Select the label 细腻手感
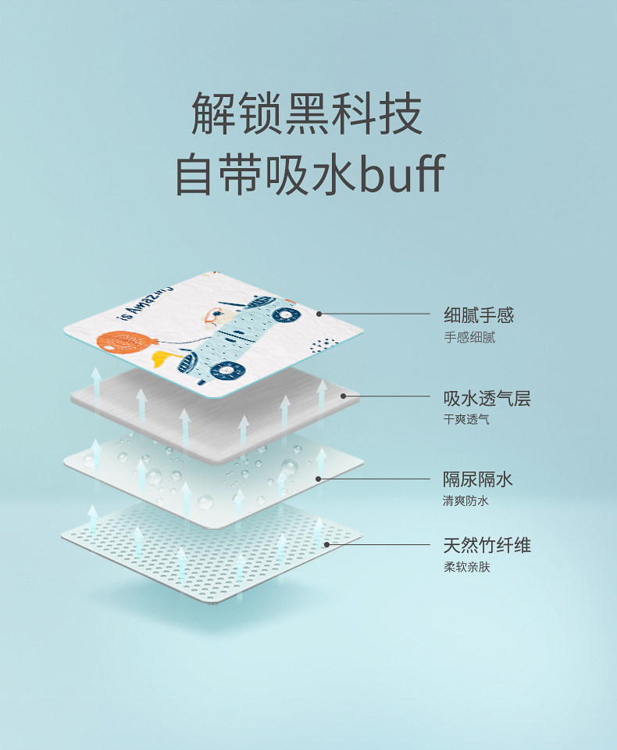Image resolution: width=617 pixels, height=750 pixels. (479, 316)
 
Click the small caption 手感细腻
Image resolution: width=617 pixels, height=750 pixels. (469, 338)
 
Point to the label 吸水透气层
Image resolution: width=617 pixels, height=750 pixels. (487, 398)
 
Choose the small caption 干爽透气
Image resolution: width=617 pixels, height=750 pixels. (467, 420)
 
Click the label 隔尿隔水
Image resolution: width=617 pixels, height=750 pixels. (479, 479)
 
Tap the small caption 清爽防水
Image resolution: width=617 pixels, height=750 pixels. (466, 501)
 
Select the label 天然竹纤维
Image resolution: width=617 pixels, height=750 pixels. (487, 545)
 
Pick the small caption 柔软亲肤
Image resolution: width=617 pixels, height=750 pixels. (467, 567)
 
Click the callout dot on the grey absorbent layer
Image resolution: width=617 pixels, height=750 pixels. (342, 396)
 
